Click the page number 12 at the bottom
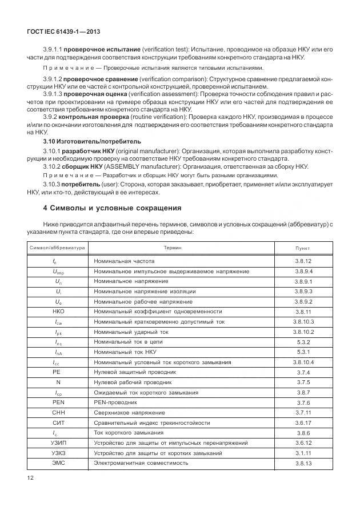31,476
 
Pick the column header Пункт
303,249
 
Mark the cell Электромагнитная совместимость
141,463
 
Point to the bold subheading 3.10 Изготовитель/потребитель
91,141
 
